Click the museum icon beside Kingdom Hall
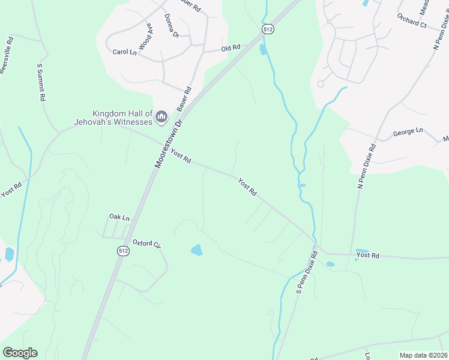click(x=161, y=117)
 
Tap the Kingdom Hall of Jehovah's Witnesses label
click(x=122, y=118)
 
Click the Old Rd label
click(x=231, y=48)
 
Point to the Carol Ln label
click(x=125, y=52)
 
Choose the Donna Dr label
click(x=171, y=26)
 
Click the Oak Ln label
click(x=119, y=217)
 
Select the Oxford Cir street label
click(x=147, y=244)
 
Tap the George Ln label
click(x=408, y=131)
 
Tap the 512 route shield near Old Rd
click(x=268, y=29)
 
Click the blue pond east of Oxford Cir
click(x=196, y=250)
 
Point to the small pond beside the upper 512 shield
click(x=262, y=50)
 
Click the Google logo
click(x=20, y=353)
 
